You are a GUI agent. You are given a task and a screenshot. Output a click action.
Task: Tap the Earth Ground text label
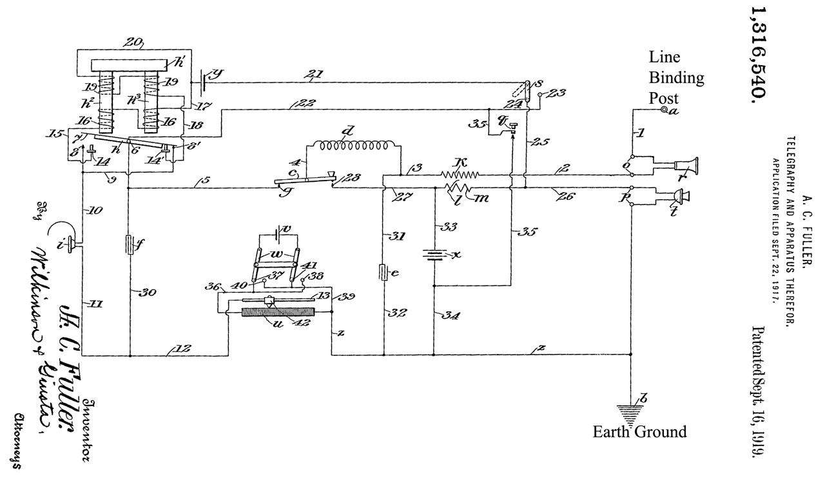click(639, 432)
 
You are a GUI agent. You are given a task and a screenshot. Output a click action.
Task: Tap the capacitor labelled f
click(130, 245)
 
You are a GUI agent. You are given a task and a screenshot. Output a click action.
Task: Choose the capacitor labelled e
click(383, 272)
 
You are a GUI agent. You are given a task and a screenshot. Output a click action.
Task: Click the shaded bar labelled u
click(276, 311)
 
